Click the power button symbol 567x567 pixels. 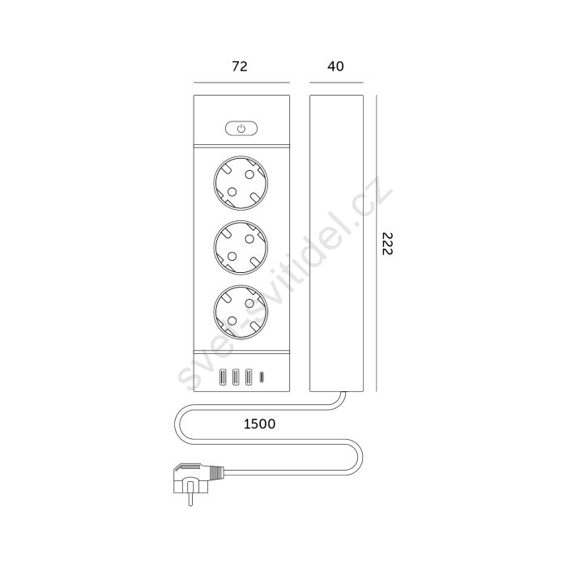(x=241, y=128)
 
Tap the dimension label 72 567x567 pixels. (x=240, y=66)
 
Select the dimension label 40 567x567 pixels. (x=335, y=66)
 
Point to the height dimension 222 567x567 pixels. (x=387, y=243)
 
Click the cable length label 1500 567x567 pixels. (x=260, y=424)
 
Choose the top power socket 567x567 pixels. (x=241, y=183)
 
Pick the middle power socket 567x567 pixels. (x=241, y=247)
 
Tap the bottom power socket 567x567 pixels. (x=241, y=312)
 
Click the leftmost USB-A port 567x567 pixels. (x=223, y=377)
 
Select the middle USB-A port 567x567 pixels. (x=236, y=377)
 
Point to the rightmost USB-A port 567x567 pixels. (x=249, y=377)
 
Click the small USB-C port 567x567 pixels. (x=262, y=377)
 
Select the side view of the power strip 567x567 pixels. (x=336, y=243)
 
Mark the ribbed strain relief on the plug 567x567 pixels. (x=217, y=472)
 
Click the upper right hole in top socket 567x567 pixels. (x=249, y=175)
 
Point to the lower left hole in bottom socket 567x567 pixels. (x=232, y=321)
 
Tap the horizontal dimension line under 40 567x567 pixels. (x=336, y=83)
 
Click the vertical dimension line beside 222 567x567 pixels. (x=377, y=243)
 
